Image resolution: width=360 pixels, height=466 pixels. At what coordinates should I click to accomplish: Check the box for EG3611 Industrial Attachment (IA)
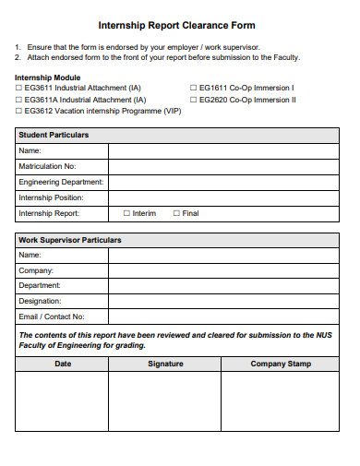[x=19, y=89]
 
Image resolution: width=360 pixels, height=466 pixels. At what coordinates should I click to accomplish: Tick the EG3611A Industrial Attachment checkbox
[x=19, y=99]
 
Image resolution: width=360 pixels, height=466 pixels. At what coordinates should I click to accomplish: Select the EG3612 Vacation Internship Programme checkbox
[x=19, y=109]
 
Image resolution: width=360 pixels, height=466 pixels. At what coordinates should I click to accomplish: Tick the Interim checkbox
[x=126, y=213]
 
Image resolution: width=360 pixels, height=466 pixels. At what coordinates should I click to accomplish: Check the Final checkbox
[x=176, y=213]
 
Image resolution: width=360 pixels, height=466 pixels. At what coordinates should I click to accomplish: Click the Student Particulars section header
[x=54, y=135]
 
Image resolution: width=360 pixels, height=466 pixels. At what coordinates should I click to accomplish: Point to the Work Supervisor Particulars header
[x=69, y=240]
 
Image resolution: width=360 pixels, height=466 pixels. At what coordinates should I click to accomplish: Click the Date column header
[x=63, y=364]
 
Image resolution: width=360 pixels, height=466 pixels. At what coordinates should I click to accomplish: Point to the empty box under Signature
[x=165, y=401]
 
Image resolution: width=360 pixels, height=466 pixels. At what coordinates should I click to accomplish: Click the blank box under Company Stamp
[x=281, y=401]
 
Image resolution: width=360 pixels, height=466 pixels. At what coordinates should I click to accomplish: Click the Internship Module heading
[x=47, y=78]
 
